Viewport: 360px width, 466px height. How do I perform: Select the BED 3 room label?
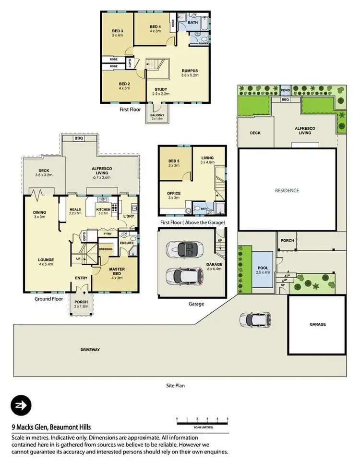pos(118,33)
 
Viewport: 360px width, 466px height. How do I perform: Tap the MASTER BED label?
pos(117,272)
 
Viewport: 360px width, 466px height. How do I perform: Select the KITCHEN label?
pos(104,209)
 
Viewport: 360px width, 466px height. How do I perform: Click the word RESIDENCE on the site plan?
pos(287,190)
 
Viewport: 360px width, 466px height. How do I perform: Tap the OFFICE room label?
pos(174,195)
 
